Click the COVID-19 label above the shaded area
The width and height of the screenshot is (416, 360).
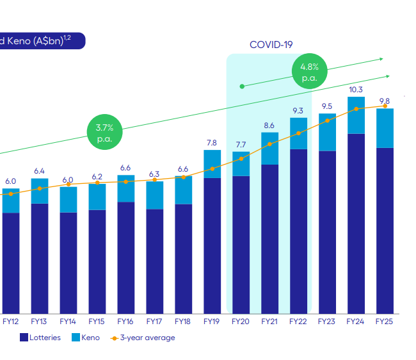click(271, 45)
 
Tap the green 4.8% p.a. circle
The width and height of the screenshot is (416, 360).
click(310, 72)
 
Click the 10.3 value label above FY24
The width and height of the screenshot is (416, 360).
click(356, 90)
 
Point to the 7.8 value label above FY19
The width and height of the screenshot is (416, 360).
click(212, 143)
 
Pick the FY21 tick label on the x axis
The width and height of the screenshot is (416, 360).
click(269, 321)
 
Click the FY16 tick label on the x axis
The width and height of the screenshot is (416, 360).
click(125, 321)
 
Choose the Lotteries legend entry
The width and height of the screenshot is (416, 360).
click(40, 338)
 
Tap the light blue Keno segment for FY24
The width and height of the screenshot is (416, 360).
click(356, 115)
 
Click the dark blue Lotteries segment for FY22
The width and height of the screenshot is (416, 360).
click(298, 231)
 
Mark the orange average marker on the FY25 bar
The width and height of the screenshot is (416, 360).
click(385, 106)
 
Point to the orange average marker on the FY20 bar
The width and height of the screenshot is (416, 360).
click(241, 158)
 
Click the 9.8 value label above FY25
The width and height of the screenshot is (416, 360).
click(385, 101)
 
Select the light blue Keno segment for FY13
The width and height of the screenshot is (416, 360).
click(40, 191)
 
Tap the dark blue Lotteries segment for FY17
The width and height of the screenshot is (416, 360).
click(154, 261)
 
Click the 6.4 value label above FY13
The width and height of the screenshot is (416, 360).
click(40, 171)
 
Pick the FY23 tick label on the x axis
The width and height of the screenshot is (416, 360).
click(327, 321)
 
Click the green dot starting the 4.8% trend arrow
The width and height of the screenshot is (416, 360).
click(241, 86)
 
